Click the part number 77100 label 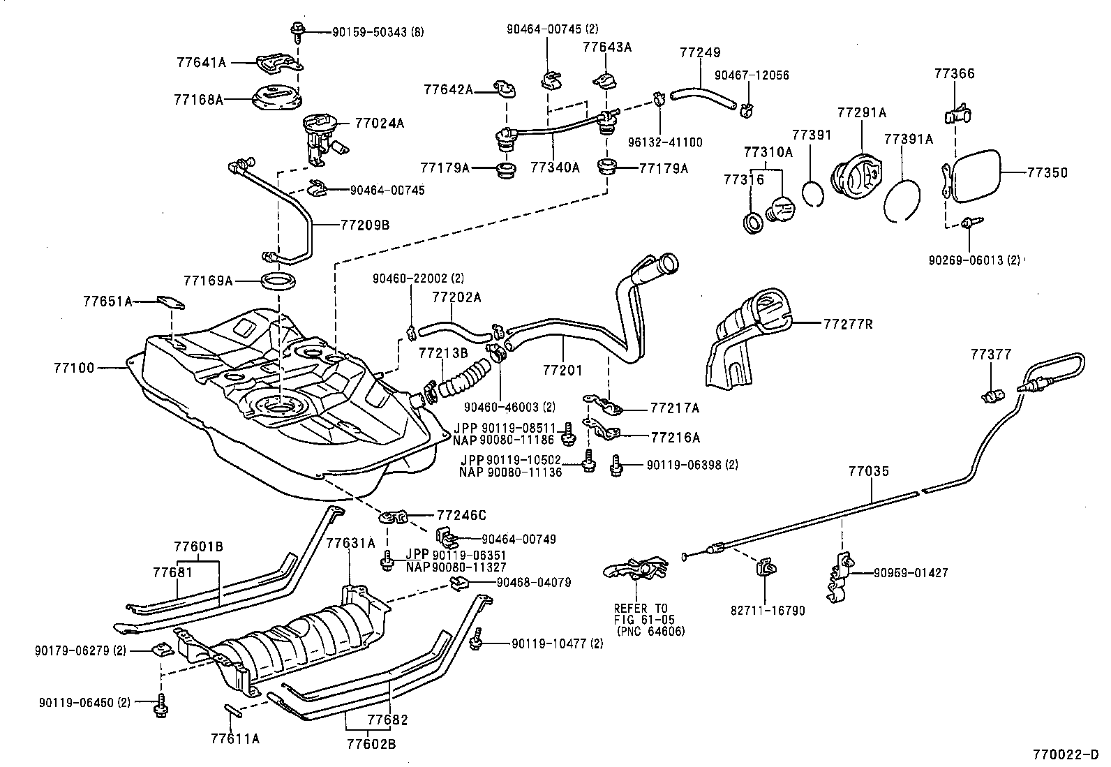point(73,366)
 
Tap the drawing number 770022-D point(1066,754)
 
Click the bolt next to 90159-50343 point(296,30)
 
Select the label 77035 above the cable point(869,472)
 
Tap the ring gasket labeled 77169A point(279,282)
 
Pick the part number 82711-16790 point(768,611)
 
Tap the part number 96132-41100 point(671,142)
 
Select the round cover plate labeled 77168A point(276,98)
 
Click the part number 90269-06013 point(974,260)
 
